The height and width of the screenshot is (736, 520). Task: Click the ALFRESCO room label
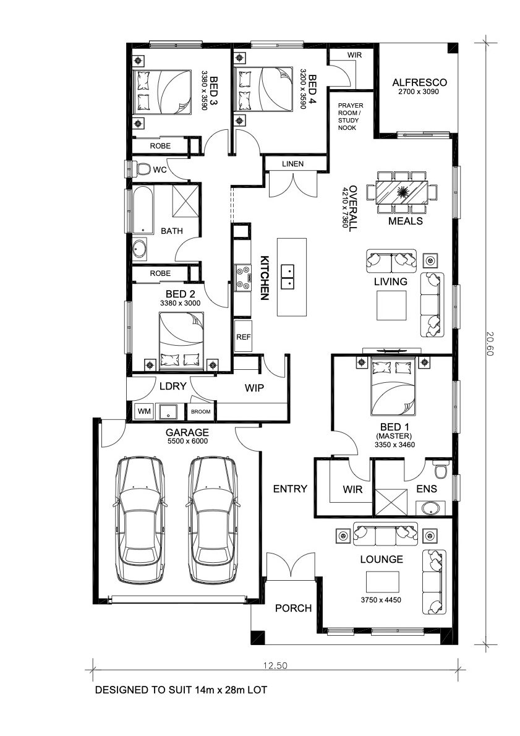[x=419, y=83]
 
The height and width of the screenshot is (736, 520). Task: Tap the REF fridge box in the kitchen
[x=243, y=336]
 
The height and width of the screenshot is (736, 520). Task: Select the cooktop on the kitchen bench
[x=243, y=276]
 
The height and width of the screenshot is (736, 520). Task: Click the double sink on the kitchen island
[x=288, y=277]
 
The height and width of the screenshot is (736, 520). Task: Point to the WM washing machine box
[x=144, y=412]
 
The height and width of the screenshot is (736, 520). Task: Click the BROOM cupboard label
[x=201, y=412]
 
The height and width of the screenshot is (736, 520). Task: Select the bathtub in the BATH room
[x=143, y=210]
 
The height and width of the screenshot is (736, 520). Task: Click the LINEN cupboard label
[x=293, y=164]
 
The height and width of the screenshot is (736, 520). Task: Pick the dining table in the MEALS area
[x=402, y=192]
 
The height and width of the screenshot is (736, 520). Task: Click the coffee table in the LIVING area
[x=391, y=305]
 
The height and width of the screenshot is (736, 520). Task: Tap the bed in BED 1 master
[x=393, y=387]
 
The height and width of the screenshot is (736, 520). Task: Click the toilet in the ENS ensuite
[x=441, y=469]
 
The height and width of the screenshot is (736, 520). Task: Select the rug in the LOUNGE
[x=383, y=582]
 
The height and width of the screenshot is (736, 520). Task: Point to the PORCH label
[x=293, y=609]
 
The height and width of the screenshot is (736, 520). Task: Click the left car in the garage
[x=140, y=520]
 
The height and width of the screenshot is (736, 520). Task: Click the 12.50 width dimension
[x=275, y=665]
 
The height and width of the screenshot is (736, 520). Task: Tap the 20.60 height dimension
[x=490, y=344]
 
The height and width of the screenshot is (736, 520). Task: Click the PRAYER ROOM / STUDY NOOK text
[x=351, y=116]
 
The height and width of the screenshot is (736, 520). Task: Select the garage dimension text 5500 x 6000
[x=187, y=441]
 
